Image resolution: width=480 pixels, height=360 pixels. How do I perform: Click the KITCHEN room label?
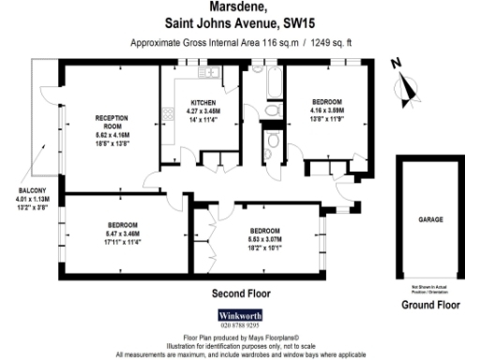(204, 102)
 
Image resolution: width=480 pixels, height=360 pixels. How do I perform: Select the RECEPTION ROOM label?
(111, 121)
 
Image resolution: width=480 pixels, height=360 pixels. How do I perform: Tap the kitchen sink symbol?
(209, 73)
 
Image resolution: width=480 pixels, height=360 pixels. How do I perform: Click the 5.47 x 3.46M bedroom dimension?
(123, 233)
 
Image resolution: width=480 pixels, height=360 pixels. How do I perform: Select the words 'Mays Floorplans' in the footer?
(268, 337)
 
